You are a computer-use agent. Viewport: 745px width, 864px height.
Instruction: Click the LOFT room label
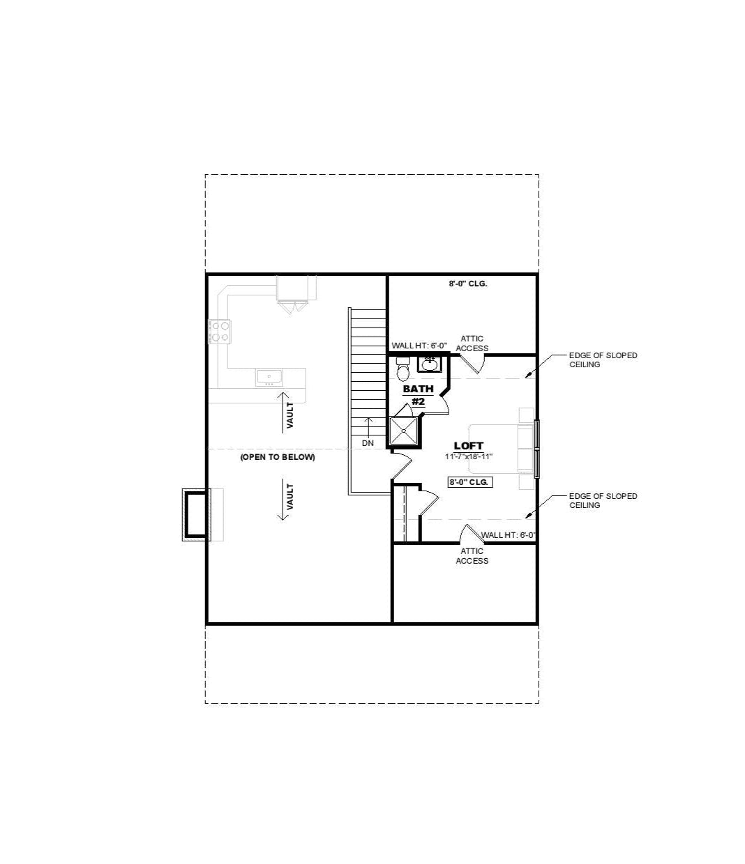[468, 446]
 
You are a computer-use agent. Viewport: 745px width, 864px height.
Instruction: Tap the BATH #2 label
[418, 396]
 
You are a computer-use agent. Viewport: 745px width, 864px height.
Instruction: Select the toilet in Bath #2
[403, 369]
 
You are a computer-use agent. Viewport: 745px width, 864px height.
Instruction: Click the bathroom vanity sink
[430, 364]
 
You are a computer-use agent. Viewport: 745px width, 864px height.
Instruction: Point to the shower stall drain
[403, 430]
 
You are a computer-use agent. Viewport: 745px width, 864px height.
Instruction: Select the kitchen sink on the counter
[269, 378]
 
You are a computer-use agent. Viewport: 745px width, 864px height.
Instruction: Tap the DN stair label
[368, 443]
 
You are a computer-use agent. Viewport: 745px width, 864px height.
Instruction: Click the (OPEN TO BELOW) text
[278, 457]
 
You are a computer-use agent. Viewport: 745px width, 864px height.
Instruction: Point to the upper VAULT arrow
[283, 412]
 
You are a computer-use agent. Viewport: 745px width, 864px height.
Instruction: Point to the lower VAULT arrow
[283, 500]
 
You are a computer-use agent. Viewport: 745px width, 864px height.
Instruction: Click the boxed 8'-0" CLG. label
[470, 482]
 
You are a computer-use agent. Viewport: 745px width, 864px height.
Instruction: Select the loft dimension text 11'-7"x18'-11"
[469, 456]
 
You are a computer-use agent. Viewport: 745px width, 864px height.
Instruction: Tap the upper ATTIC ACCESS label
[472, 344]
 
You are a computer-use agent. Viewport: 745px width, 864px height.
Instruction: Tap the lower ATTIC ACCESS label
[472, 556]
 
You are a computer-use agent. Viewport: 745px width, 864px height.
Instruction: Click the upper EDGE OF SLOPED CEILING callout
[603, 360]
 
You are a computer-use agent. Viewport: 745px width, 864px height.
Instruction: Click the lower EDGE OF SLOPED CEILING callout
[603, 500]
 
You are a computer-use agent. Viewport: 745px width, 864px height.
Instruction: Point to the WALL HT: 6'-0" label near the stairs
[419, 346]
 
